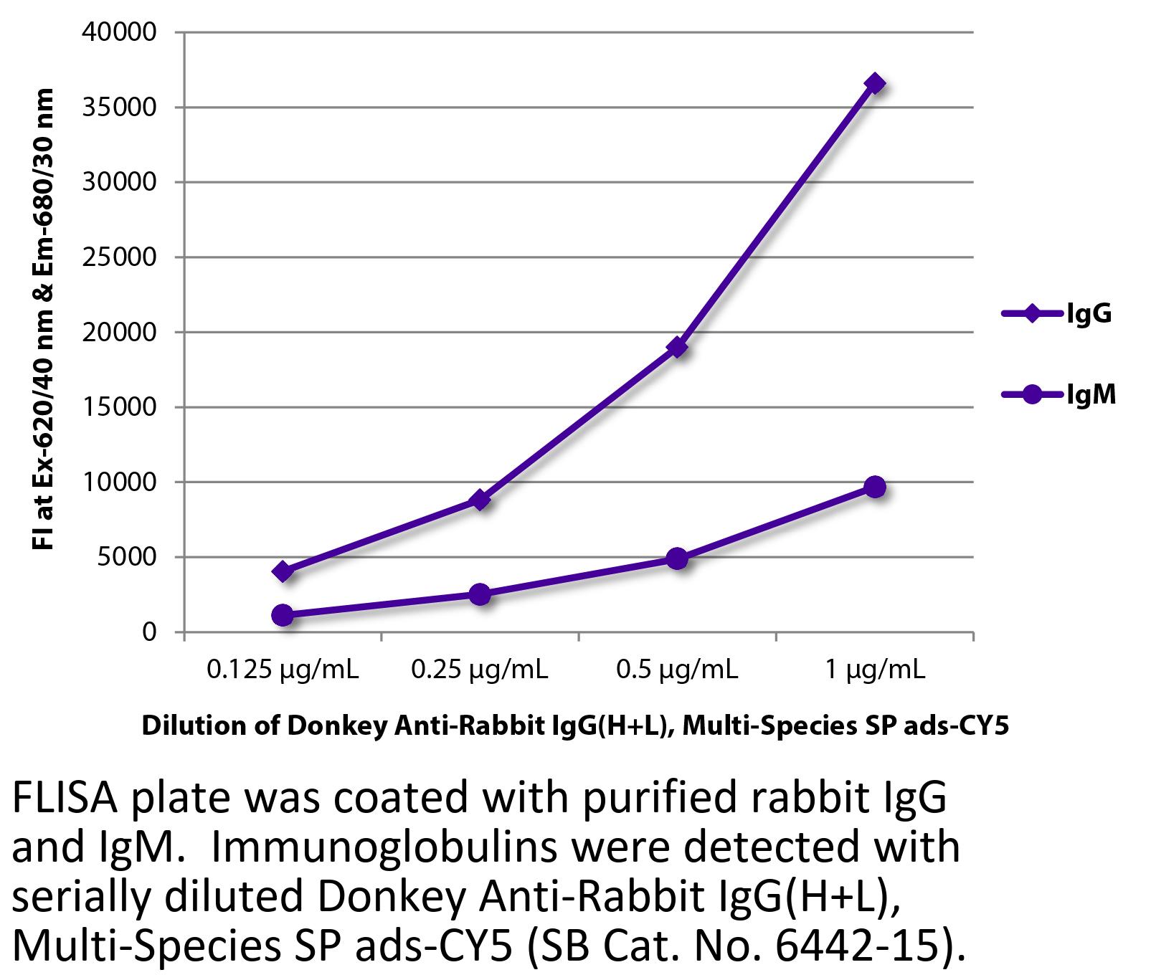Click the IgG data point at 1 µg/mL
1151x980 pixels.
click(x=874, y=84)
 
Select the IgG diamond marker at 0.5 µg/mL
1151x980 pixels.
click(x=677, y=348)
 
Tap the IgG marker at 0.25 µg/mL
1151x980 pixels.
click(x=480, y=500)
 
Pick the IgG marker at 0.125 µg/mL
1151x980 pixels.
click(x=283, y=571)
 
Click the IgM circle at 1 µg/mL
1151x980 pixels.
click(x=874, y=487)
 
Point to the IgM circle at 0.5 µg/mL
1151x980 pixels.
click(x=677, y=558)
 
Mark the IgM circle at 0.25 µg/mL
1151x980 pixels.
click(x=480, y=594)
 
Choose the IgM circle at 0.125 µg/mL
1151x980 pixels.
click(x=283, y=614)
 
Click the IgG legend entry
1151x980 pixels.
click(x=1057, y=313)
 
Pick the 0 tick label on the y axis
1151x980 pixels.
click(x=148, y=632)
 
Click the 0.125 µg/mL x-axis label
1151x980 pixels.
click(x=283, y=670)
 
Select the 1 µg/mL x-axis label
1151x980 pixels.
click(x=875, y=670)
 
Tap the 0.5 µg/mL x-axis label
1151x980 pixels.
click(x=677, y=670)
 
